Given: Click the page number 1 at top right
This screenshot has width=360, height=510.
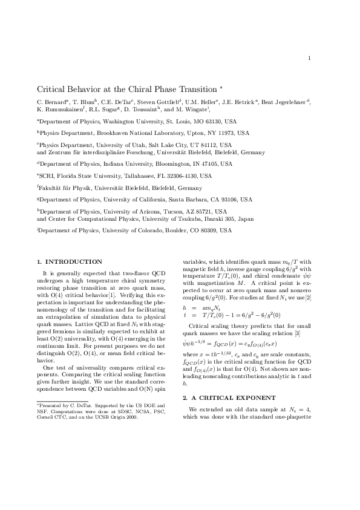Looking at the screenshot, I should pyautogui.click(x=309, y=58).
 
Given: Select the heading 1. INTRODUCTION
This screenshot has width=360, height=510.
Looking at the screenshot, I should pyautogui.click(x=70, y=261).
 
